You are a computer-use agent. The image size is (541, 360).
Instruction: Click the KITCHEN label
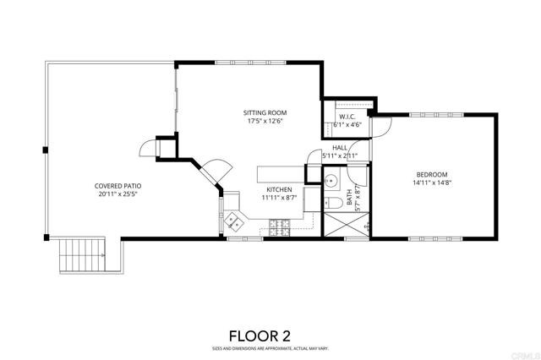coord(279,189)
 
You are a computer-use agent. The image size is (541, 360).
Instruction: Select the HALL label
coord(340,147)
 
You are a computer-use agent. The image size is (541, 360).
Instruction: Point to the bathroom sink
coord(332,180)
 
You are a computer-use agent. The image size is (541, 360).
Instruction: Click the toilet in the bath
coord(331,203)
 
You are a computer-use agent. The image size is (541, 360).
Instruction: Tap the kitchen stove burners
coord(280,227)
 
